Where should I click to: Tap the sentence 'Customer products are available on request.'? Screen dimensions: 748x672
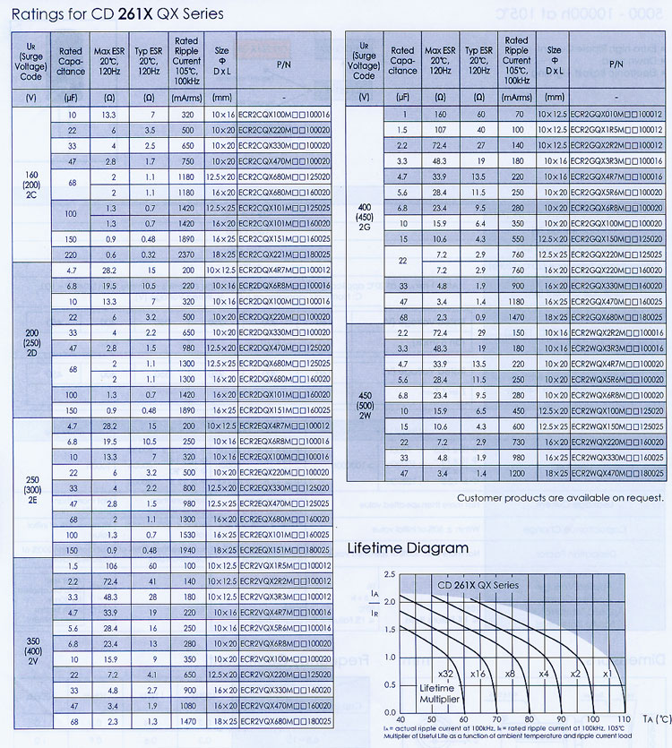[560, 497]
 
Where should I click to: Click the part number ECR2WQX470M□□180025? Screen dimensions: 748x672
[616, 472]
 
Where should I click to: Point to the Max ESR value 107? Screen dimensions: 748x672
[440, 130]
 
